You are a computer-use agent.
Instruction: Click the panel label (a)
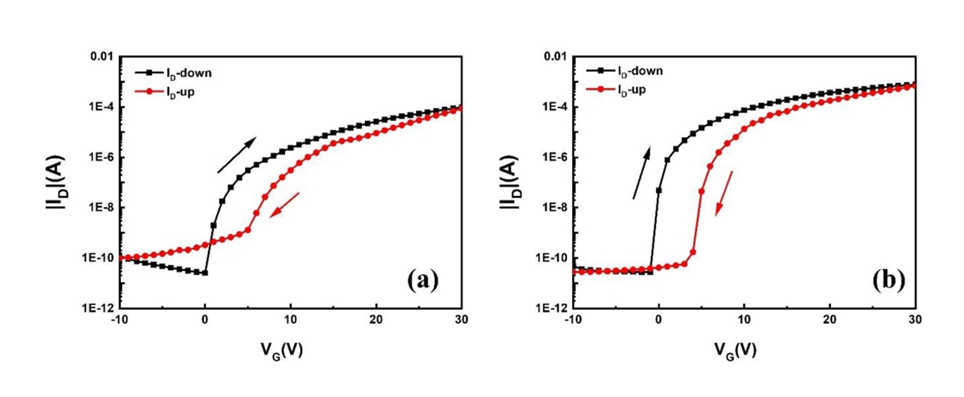(x=424, y=280)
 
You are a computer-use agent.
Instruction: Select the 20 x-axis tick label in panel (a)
(x=375, y=320)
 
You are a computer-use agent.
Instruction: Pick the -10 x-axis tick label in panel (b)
(x=570, y=320)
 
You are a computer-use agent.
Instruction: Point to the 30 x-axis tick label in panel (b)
(x=914, y=320)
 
